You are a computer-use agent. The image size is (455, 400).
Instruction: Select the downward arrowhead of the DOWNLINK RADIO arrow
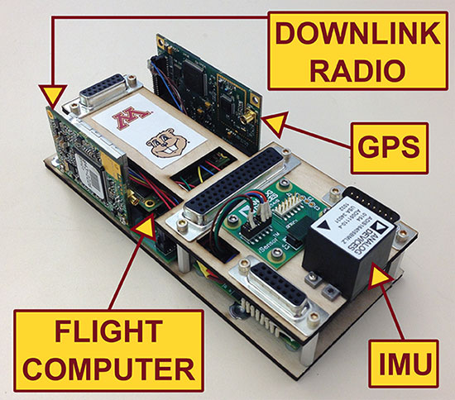click(52, 92)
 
